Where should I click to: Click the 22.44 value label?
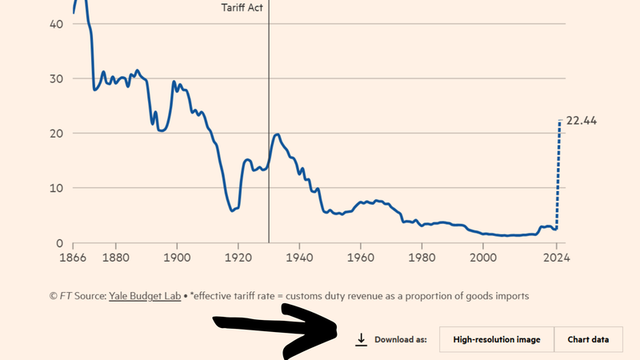(x=582, y=121)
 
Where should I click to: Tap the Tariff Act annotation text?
(x=242, y=7)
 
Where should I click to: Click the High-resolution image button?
(x=496, y=339)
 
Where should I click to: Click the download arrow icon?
(x=361, y=339)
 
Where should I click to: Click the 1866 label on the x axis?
(x=73, y=258)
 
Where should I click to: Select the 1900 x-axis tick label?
(x=176, y=258)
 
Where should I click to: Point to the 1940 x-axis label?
(x=299, y=258)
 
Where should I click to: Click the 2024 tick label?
(x=556, y=258)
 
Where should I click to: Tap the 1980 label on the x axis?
(x=422, y=258)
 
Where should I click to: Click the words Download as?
(x=400, y=339)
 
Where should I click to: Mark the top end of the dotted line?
(x=560, y=120)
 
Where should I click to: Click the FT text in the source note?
(x=68, y=296)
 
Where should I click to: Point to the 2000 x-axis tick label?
(x=482, y=258)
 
